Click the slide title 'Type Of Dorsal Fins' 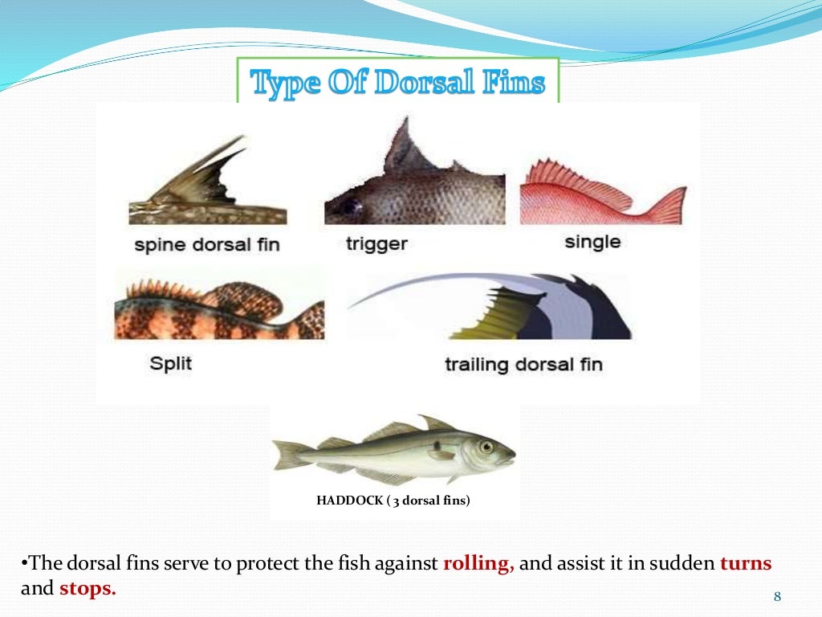[x=397, y=83]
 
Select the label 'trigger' [x=376, y=243]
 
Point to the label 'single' [x=592, y=241]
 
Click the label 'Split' [x=171, y=363]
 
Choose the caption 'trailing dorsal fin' [x=523, y=365]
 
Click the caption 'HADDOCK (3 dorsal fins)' [x=393, y=501]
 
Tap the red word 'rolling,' [x=478, y=563]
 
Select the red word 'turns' [x=746, y=563]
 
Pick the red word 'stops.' [x=87, y=588]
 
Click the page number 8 [x=776, y=596]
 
